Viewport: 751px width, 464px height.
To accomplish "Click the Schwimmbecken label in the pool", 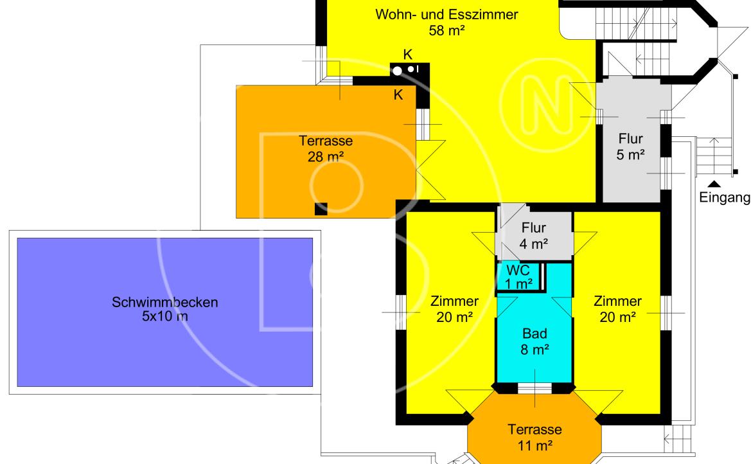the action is point(164,302).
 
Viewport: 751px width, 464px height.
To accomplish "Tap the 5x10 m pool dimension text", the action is point(164,316).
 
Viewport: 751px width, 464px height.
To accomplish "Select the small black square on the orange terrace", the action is point(321,209).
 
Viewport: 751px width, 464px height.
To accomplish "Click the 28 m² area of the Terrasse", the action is point(326,157).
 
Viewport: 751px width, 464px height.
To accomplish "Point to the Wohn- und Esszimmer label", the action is point(446,14).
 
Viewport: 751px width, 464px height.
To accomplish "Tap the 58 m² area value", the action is point(447,31).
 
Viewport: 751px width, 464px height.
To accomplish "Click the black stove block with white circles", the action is point(409,70).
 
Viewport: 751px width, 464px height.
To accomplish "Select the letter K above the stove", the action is point(407,55).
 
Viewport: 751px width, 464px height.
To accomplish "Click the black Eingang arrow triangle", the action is point(714,184).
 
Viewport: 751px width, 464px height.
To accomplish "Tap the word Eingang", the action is point(725,197).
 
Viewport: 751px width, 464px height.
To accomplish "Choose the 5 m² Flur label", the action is point(630,147).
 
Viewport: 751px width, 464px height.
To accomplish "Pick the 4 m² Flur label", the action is point(534,235).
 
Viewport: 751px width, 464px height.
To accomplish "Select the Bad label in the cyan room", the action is point(535,334).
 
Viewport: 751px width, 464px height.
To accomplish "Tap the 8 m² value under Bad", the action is point(535,350).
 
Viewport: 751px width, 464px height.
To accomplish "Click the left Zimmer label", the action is point(455,301).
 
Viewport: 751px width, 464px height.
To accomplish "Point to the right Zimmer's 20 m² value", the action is point(618,317).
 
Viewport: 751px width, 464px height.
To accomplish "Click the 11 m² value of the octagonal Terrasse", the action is point(535,446).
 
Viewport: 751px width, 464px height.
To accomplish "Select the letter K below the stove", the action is point(398,95).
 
